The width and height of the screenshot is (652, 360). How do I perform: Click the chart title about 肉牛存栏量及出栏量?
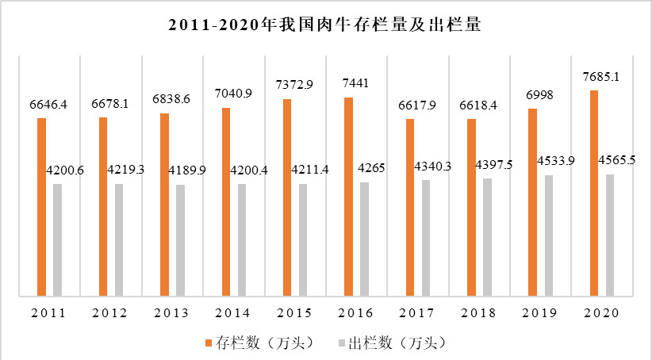pos(326,26)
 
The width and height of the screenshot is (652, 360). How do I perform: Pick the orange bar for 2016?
pos(349,197)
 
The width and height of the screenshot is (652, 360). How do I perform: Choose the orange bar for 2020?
pos(594,194)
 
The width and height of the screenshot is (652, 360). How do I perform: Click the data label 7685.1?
pos(600,78)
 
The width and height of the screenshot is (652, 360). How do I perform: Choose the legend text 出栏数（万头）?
pos(394,343)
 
